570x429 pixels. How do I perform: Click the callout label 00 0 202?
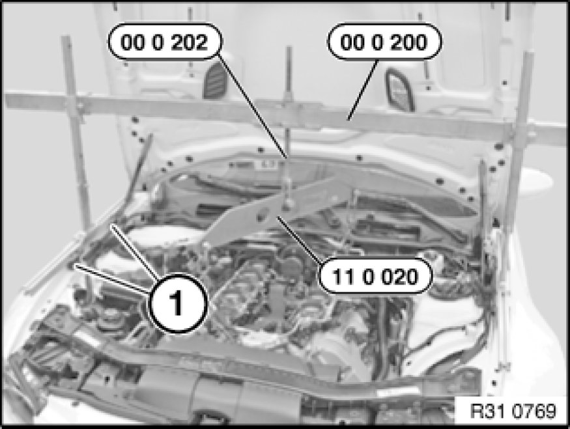pyautogui.click(x=164, y=42)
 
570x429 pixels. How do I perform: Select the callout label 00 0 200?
pyautogui.click(x=384, y=42)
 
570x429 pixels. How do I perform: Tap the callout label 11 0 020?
pyautogui.click(x=375, y=277)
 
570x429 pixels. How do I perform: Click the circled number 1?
pyautogui.click(x=177, y=303)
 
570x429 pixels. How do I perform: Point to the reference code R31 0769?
pyautogui.click(x=513, y=411)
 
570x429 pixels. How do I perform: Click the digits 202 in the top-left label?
pyautogui.click(x=189, y=42)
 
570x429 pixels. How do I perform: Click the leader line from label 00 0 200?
pyautogui.click(x=362, y=90)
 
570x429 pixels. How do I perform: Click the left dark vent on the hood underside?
pyautogui.click(x=215, y=81)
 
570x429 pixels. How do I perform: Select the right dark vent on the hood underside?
pyautogui.click(x=400, y=89)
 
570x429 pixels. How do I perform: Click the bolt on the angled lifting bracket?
pyautogui.click(x=287, y=205)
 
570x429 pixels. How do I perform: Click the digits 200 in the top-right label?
pyautogui.click(x=409, y=42)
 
